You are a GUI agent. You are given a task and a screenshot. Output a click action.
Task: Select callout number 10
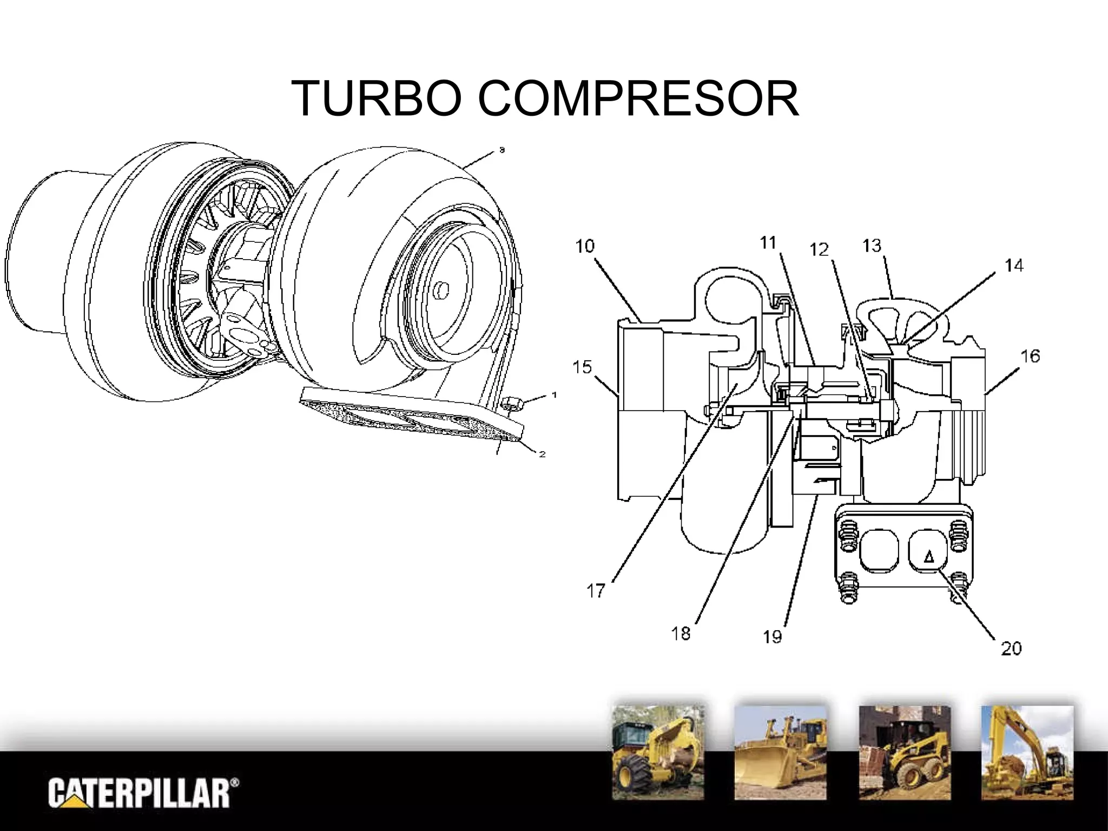click(x=585, y=247)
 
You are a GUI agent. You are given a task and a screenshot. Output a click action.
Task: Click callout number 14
click(x=1014, y=266)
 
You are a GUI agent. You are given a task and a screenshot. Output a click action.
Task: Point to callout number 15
click(x=583, y=367)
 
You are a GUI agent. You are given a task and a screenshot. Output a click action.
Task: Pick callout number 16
click(x=1031, y=357)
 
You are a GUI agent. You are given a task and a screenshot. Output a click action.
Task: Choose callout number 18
click(x=681, y=633)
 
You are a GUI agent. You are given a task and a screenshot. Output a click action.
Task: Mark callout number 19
click(x=773, y=637)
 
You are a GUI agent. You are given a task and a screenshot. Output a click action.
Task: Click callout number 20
click(x=1011, y=648)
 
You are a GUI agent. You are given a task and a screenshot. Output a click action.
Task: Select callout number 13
click(x=872, y=246)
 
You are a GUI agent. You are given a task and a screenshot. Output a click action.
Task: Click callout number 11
click(x=768, y=243)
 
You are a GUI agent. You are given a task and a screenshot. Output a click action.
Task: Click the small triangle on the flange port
click(x=928, y=556)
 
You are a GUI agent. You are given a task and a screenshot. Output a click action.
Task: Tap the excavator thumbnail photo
click(x=1027, y=752)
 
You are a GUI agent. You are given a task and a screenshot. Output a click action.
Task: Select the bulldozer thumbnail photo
click(x=780, y=752)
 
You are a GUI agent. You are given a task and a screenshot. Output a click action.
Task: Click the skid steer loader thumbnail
click(x=905, y=752)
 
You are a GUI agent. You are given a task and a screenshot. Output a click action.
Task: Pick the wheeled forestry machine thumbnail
click(x=658, y=752)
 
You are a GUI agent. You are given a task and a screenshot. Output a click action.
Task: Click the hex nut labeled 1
click(x=512, y=403)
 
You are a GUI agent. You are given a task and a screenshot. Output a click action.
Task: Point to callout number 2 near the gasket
click(x=542, y=454)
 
